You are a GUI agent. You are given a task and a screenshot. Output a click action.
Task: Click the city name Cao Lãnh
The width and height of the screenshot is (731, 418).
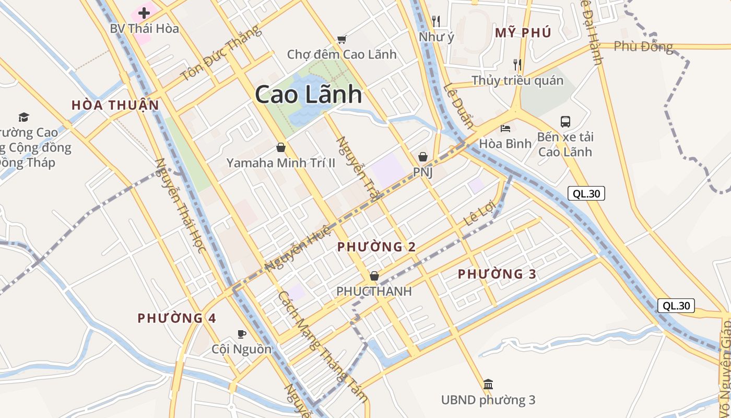click(308, 95)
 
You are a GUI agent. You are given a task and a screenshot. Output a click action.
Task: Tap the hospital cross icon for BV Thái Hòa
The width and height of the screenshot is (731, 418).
click(144, 13)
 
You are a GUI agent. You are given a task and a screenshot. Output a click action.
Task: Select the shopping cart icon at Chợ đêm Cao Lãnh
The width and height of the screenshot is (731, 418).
click(342, 39)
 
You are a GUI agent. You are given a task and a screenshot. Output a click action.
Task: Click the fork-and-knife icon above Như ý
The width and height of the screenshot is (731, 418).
click(436, 21)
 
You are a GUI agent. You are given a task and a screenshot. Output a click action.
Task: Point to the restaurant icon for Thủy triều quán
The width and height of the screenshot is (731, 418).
click(517, 64)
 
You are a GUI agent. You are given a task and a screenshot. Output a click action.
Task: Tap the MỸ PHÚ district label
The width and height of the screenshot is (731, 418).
click(523, 33)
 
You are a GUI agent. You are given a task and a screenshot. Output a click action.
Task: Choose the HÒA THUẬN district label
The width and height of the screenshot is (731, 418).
click(115, 105)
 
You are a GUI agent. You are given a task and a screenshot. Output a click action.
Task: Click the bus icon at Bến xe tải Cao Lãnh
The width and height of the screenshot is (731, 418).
click(565, 122)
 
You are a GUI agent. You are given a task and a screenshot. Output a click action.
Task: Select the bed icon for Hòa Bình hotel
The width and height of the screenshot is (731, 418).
click(505, 128)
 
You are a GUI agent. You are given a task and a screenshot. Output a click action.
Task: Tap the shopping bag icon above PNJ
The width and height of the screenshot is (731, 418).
click(423, 157)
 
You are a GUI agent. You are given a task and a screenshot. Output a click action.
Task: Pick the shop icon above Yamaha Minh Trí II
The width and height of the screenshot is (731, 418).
click(281, 148)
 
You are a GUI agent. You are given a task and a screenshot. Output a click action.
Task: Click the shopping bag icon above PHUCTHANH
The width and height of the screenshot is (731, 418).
click(374, 276)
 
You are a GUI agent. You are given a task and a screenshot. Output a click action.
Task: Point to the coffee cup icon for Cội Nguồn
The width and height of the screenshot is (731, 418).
click(242, 333)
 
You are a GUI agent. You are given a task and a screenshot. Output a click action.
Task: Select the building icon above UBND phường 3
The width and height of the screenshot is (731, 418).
click(488, 385)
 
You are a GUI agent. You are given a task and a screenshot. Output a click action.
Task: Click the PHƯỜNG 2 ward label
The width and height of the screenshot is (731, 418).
click(376, 247)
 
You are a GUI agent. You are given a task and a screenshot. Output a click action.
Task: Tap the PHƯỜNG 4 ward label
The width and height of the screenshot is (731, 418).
click(176, 318)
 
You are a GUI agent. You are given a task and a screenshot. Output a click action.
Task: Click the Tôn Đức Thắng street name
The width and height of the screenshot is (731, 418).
click(220, 54)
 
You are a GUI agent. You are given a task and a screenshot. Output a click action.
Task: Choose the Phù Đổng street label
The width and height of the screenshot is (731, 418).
click(643, 47)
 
